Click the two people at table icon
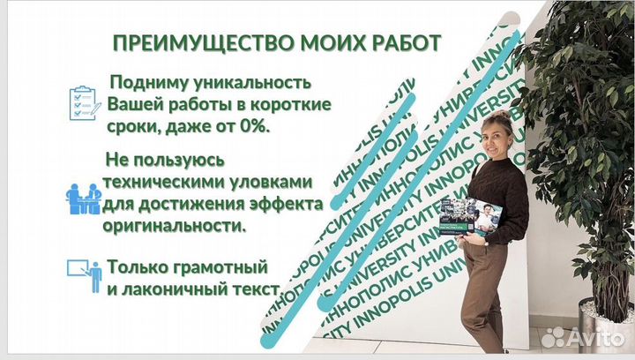83,199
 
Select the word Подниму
146,83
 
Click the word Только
137,266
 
